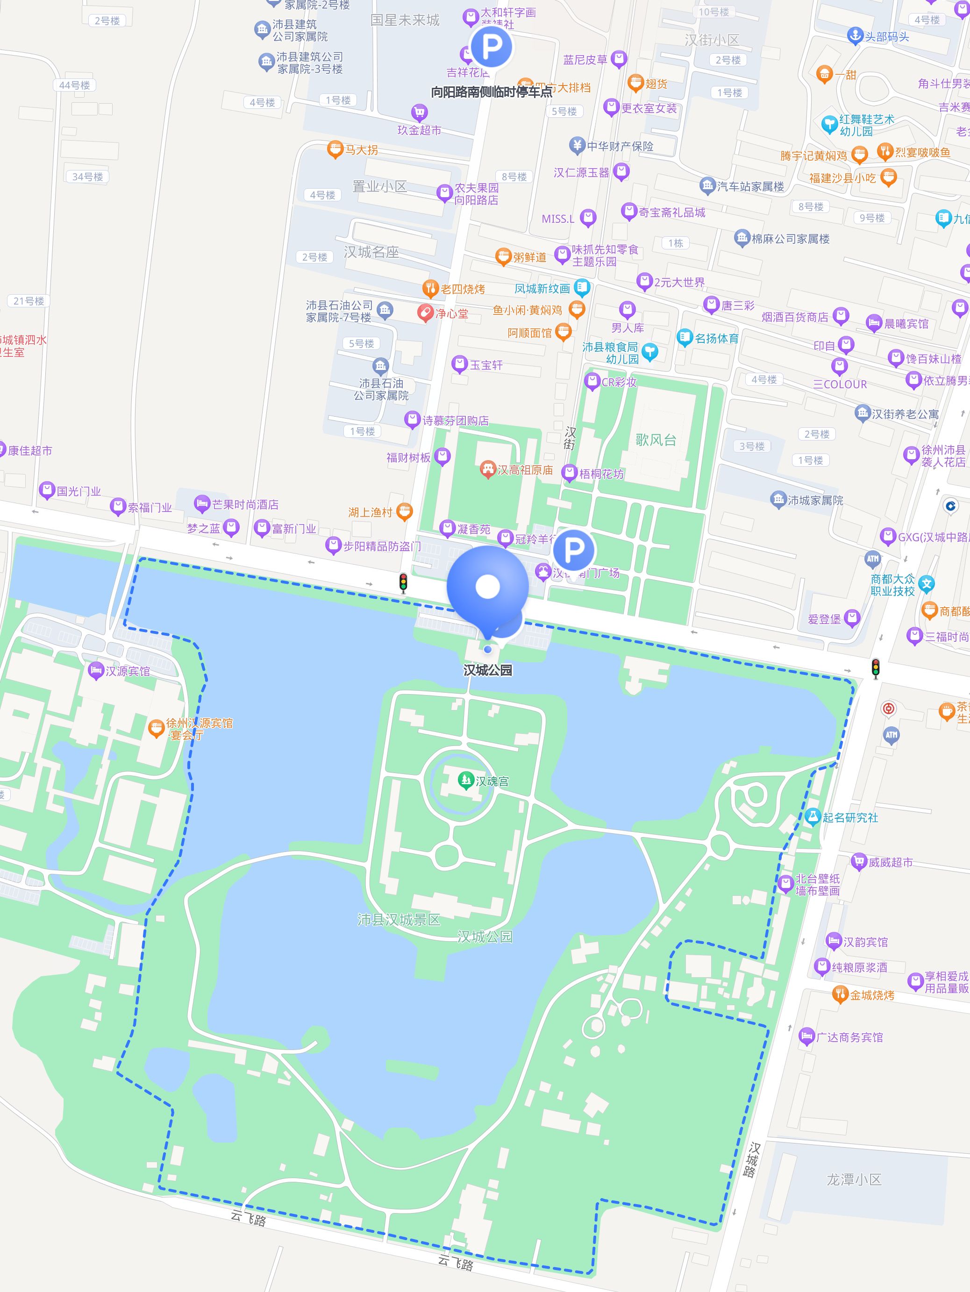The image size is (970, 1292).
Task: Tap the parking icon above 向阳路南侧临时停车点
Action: (492, 47)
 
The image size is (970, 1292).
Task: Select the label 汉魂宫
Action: (492, 781)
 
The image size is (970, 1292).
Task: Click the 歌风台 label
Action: (656, 440)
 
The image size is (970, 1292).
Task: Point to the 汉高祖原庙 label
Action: (525, 469)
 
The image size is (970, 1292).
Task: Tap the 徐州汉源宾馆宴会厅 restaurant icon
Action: (156, 729)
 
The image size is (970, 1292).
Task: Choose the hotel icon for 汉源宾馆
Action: (95, 671)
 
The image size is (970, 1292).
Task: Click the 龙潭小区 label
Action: (854, 1179)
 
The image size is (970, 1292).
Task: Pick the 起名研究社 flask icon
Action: (812, 816)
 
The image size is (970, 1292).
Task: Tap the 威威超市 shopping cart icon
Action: (858, 861)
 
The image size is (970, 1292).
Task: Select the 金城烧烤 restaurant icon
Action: (840, 994)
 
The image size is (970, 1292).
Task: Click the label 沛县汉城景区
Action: (399, 920)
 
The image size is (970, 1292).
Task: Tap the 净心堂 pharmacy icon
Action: (425, 313)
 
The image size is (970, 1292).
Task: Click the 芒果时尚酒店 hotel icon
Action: (201, 504)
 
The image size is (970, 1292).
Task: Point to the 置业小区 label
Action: (379, 186)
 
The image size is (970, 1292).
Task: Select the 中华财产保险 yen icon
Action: (577, 145)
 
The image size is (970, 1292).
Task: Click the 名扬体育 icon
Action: (684, 338)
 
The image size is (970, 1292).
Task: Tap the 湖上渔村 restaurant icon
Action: (404, 511)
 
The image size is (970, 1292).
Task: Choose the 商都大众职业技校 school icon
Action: (926, 583)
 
